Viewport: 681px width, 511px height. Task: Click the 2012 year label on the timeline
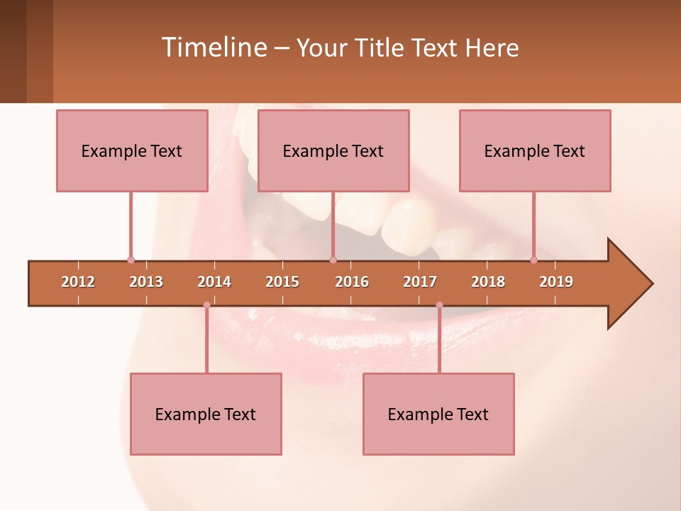78,282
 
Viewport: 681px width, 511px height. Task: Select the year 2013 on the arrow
146,282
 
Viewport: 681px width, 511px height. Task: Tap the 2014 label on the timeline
214,282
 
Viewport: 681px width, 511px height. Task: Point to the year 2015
282,282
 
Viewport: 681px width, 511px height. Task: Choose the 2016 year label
352,282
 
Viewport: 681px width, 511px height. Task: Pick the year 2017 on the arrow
420,282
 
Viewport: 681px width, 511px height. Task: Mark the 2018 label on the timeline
488,282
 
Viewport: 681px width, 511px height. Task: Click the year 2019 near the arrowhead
556,282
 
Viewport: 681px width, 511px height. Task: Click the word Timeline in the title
213,48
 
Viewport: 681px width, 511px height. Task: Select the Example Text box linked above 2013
132,150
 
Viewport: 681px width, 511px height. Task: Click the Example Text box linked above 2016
333,150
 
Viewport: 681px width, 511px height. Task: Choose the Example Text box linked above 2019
535,150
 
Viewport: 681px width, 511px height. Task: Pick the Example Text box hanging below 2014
206,414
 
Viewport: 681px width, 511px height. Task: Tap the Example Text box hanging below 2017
438,414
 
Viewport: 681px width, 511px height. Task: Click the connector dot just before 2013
131,260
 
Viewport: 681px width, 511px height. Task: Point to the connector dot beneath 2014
206,305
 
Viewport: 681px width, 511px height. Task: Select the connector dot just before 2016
333,260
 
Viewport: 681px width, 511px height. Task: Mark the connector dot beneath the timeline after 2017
439,305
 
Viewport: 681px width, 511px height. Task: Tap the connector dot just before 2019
533,260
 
